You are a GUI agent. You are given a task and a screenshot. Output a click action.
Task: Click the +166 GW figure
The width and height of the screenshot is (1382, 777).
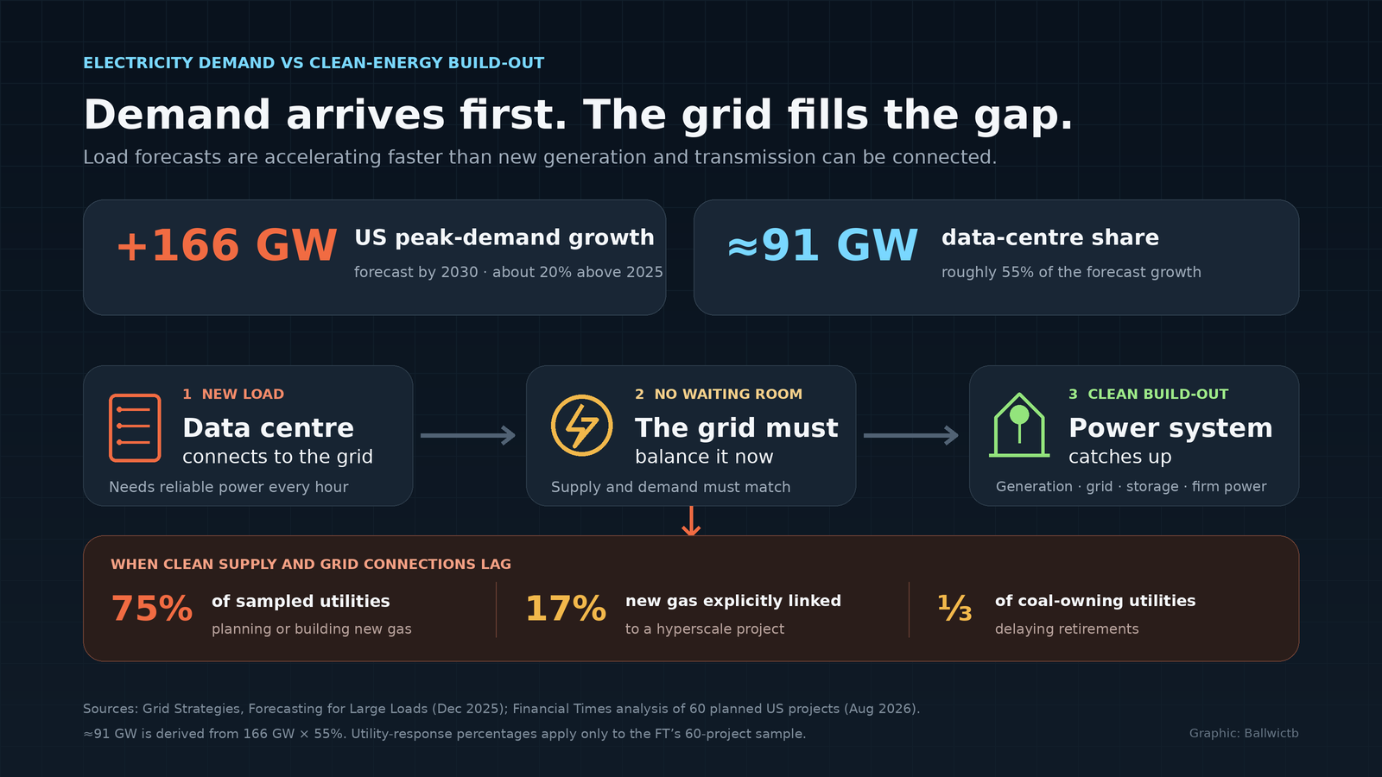tap(226, 245)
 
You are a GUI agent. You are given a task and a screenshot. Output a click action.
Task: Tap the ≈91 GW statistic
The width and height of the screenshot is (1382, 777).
tap(822, 245)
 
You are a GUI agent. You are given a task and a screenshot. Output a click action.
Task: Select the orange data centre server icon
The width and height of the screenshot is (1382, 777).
tap(135, 428)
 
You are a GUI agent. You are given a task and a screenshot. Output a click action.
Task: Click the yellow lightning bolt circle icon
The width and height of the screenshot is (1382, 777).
tap(582, 426)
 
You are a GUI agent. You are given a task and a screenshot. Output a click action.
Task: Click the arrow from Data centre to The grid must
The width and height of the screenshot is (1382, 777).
tap(468, 435)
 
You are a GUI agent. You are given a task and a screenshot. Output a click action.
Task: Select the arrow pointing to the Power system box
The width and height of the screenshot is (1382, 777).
tap(911, 435)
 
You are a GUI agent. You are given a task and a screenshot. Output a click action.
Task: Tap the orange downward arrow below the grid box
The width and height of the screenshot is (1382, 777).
tap(691, 521)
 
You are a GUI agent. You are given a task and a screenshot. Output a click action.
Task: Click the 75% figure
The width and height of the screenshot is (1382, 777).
tap(152, 609)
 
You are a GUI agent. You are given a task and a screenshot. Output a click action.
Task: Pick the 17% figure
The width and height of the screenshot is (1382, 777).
tap(566, 609)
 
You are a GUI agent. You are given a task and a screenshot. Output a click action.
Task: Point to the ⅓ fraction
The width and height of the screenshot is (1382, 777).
tap(954, 608)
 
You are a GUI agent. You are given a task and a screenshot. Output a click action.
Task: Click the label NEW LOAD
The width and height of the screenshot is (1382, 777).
tap(243, 394)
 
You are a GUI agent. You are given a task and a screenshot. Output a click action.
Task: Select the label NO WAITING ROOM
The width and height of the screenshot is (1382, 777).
tap(728, 394)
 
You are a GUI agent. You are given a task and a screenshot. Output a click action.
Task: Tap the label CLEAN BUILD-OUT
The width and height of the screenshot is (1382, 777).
tap(1158, 394)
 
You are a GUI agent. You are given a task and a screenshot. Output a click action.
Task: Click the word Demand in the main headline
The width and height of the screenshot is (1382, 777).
tap(177, 115)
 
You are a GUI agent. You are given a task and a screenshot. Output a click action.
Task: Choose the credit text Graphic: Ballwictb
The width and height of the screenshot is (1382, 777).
tap(1244, 733)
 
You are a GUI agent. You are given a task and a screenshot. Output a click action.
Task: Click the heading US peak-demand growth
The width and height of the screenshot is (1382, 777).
tap(504, 237)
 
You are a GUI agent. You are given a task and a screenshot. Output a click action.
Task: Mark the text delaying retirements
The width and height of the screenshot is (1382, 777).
tap(1067, 629)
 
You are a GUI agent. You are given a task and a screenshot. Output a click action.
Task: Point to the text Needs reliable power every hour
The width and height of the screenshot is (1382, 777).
tap(228, 487)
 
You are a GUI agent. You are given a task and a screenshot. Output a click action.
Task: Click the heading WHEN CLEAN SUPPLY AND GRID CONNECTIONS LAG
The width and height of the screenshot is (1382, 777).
tap(311, 565)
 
